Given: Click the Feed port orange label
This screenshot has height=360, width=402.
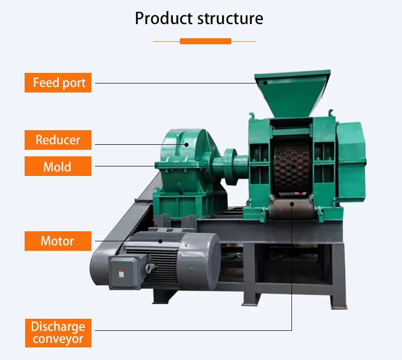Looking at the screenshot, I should (x=58, y=82).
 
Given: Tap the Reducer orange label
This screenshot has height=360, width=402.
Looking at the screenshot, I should (x=58, y=139).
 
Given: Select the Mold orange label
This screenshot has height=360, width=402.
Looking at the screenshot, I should (x=58, y=166).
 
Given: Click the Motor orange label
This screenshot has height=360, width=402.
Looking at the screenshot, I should (x=58, y=241).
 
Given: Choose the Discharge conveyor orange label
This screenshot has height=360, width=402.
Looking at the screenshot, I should (x=58, y=333).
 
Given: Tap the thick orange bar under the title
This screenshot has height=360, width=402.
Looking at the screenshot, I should (x=205, y=41).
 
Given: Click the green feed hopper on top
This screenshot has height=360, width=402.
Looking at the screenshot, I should (x=291, y=93).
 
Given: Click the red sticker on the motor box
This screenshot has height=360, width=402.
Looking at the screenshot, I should (x=121, y=274).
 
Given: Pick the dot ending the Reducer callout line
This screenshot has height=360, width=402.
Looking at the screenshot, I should (x=186, y=144).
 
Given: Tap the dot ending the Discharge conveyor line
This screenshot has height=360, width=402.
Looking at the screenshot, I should (x=292, y=204).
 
